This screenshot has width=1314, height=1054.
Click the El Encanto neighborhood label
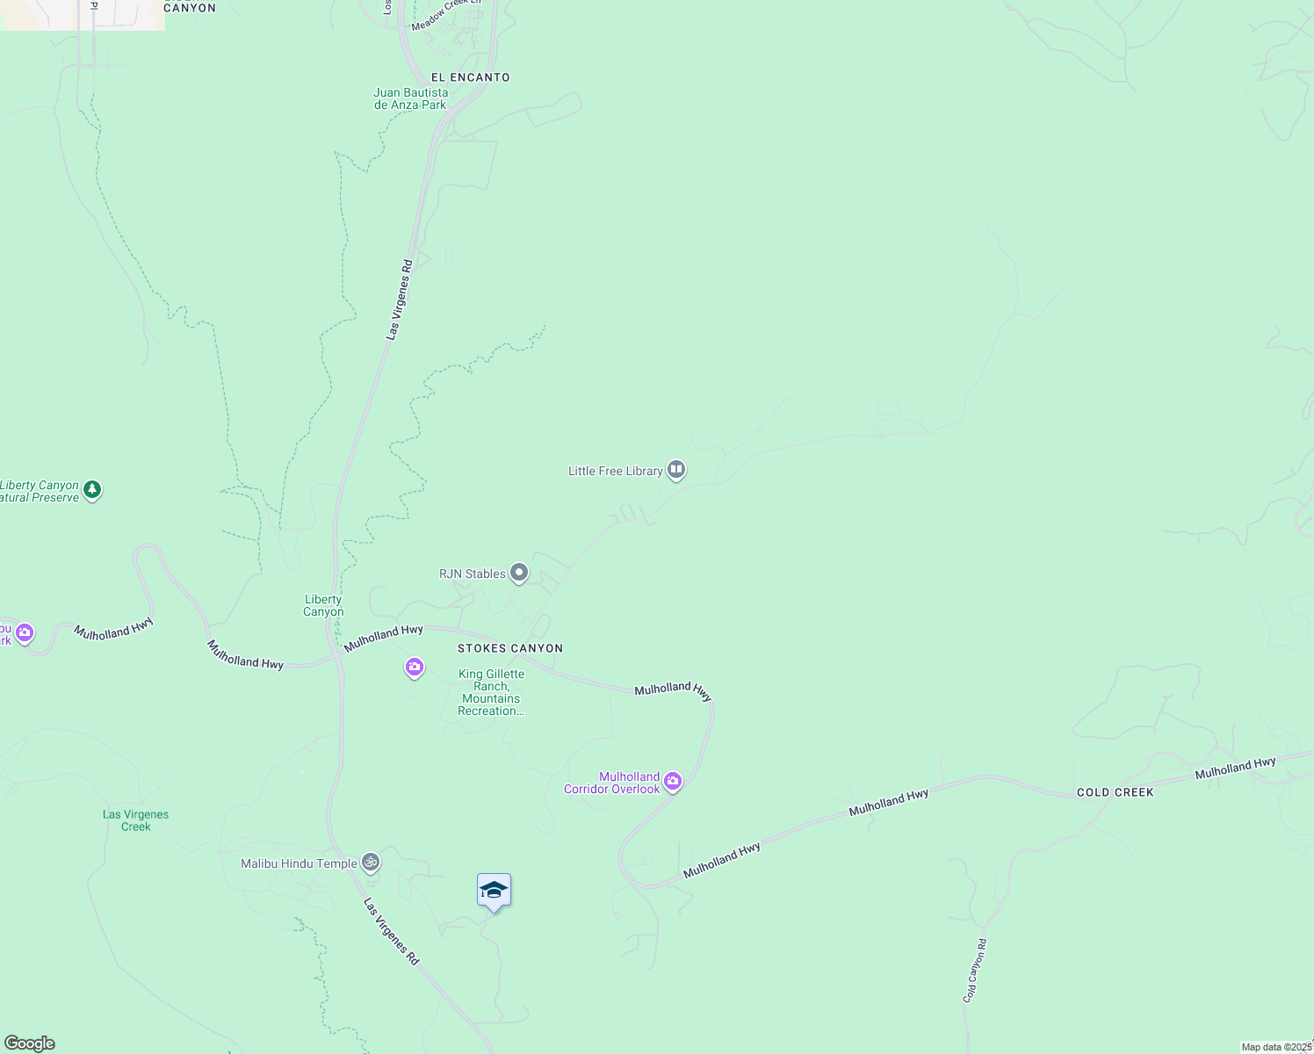(x=470, y=77)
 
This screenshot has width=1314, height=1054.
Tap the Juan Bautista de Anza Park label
(x=410, y=98)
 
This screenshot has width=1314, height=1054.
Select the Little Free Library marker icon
(x=676, y=470)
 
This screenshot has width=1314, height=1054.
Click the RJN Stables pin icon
(x=519, y=574)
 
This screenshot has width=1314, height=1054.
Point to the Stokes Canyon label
(x=509, y=648)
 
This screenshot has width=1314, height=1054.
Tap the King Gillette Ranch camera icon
(x=415, y=668)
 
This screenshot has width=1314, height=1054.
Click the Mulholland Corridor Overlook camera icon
(x=673, y=781)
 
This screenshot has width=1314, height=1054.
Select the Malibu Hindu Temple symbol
(x=372, y=863)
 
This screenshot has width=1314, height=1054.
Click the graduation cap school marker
(x=494, y=891)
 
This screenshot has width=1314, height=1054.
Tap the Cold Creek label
(x=1115, y=792)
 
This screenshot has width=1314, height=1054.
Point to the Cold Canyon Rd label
(x=975, y=971)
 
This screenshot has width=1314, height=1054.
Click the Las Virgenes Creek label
(x=135, y=820)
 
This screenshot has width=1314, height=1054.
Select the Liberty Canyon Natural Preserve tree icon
(x=93, y=489)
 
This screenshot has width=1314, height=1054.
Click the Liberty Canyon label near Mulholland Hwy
(x=323, y=606)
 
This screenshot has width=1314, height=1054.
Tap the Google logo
(x=30, y=1043)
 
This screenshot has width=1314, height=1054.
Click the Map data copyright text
(x=1276, y=1047)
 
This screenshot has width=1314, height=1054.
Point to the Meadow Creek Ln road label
(x=447, y=13)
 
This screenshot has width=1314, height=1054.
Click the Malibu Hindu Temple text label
(x=299, y=863)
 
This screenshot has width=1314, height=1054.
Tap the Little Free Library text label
(x=615, y=471)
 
